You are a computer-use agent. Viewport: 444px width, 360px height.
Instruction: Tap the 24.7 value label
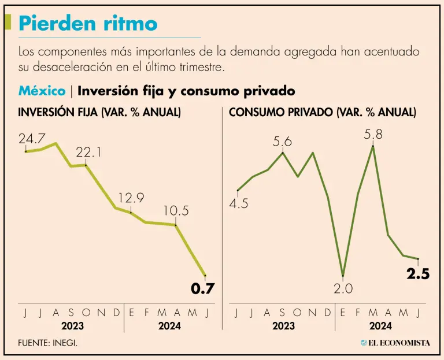[32, 139]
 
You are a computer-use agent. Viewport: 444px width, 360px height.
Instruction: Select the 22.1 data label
[88, 153]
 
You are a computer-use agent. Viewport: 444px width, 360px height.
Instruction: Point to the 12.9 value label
[131, 198]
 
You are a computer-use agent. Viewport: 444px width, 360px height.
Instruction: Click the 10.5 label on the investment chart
[176, 211]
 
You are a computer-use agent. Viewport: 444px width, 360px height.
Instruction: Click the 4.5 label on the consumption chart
[239, 203]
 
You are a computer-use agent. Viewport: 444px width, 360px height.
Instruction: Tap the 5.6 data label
[283, 142]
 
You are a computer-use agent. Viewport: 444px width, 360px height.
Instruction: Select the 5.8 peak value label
[373, 135]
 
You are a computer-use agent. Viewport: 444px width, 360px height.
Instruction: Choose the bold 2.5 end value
[417, 274]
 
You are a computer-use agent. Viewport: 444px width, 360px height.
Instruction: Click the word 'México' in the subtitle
[42, 91]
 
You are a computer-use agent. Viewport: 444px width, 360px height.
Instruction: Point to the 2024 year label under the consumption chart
[380, 326]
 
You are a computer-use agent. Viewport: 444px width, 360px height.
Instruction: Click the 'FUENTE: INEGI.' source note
[48, 343]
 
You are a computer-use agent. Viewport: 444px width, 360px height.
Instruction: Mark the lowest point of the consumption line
[343, 275]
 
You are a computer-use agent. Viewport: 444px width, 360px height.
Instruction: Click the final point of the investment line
[205, 276]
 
